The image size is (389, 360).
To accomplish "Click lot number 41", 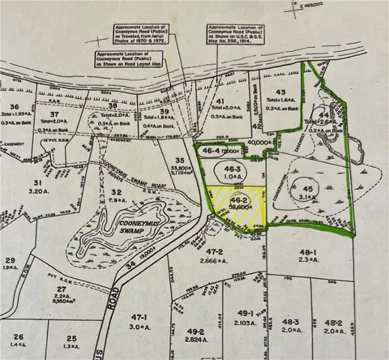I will pos(220,100).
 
